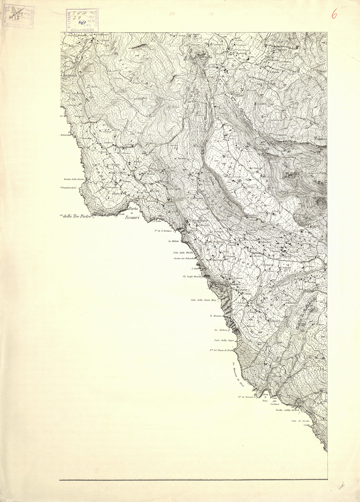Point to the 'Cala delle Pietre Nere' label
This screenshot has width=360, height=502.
point(203,300)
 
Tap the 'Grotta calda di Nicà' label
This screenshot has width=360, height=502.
point(288,409)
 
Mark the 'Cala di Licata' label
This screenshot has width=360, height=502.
point(299,421)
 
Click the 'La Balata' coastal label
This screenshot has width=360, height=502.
point(173,241)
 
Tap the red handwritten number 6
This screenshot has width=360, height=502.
point(334,14)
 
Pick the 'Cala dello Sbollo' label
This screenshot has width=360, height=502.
point(182,252)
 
